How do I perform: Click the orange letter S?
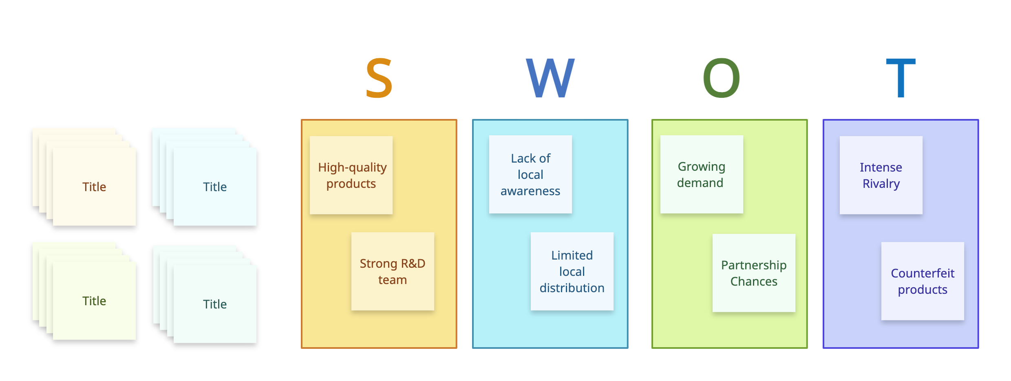(379, 78)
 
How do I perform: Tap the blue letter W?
(550, 78)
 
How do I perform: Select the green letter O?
(721, 78)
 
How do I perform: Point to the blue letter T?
(901, 78)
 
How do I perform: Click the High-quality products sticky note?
(351, 175)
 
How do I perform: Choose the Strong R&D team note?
(393, 271)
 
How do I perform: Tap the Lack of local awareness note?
(530, 174)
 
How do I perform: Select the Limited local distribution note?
(572, 271)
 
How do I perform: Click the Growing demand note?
(702, 174)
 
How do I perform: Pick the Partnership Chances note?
(754, 273)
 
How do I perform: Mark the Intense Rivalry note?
(881, 175)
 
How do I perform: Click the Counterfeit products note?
(923, 281)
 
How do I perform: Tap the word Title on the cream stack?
(94, 187)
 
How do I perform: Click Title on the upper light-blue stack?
(215, 187)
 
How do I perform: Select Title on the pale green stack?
(94, 301)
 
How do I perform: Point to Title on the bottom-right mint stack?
(215, 304)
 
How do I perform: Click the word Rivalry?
(881, 184)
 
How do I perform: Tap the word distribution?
(572, 288)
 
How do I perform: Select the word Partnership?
(754, 265)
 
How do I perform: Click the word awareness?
(530, 191)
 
